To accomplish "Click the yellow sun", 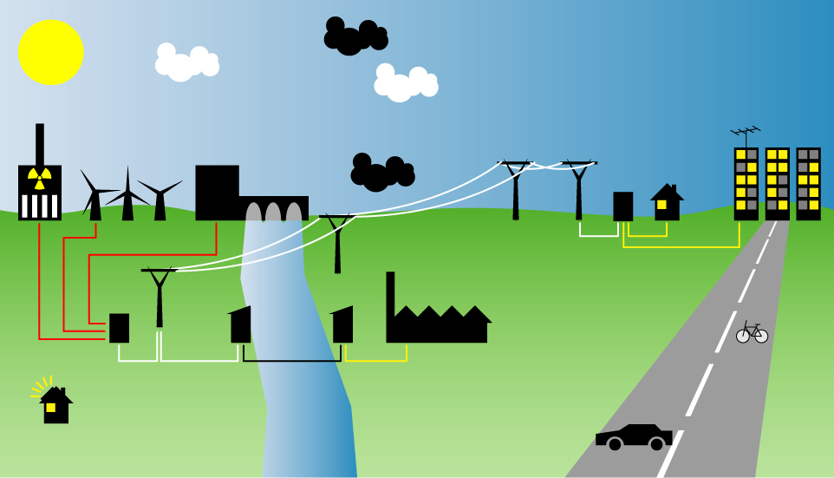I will point(51,52).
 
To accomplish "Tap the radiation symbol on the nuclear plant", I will point(39,178).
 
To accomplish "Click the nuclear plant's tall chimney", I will point(40,143).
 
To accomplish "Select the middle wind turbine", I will point(127,195).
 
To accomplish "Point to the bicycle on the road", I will point(752,332).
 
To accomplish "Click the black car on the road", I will point(634,436).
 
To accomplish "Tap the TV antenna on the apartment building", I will point(746,133).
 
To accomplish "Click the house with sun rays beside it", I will point(56,406).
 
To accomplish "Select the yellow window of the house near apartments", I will point(661,205).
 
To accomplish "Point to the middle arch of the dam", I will point(273,212).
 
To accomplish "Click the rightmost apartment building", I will point(808,183).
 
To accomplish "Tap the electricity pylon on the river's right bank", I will point(337,243).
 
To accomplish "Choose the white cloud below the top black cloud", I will point(405,83).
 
